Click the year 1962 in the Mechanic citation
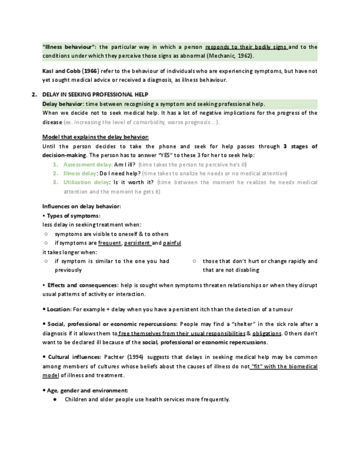[245, 56]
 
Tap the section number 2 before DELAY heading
[34, 95]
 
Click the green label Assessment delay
[87, 164]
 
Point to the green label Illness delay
[80, 173]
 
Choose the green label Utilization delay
[86, 182]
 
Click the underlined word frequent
[110, 243]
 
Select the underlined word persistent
[137, 243]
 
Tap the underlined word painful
[172, 243]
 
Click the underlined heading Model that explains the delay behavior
[95, 137]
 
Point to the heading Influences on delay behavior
[81, 206]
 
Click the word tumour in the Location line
[283, 309]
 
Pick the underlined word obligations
[267, 334]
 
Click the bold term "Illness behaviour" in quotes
[69, 47]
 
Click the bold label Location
[58, 309]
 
